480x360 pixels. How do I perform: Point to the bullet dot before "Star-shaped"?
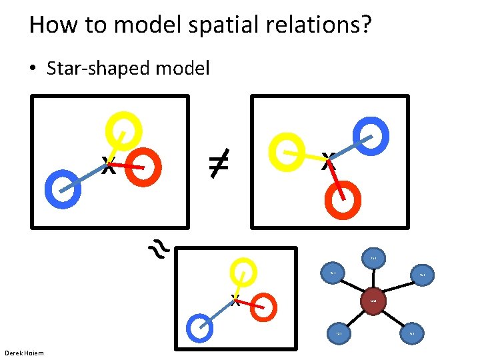[34, 69]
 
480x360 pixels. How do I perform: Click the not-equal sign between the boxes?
[218, 163]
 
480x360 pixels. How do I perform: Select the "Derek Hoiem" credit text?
[24, 353]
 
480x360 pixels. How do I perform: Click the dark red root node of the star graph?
[373, 301]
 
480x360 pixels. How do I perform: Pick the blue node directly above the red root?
[373, 258]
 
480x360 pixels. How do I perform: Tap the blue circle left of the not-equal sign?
[62, 189]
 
